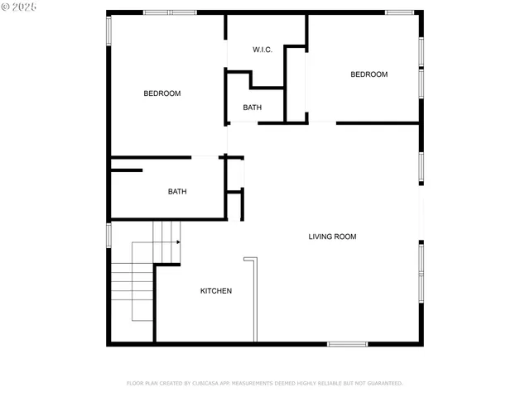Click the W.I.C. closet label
(x=263, y=50)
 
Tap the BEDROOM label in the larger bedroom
(x=162, y=93)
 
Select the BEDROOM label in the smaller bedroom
(x=369, y=74)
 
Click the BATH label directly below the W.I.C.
(x=253, y=108)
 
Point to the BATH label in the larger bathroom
(x=177, y=192)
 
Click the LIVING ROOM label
(x=332, y=237)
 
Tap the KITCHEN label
(x=216, y=291)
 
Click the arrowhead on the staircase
(x=178, y=242)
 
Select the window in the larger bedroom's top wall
(x=170, y=12)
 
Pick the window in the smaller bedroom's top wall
(x=399, y=12)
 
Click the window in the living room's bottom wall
(x=347, y=343)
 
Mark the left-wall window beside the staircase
(x=108, y=234)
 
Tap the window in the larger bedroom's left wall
(x=108, y=31)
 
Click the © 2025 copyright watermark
(x=20, y=7)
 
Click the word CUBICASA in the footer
(x=206, y=383)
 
